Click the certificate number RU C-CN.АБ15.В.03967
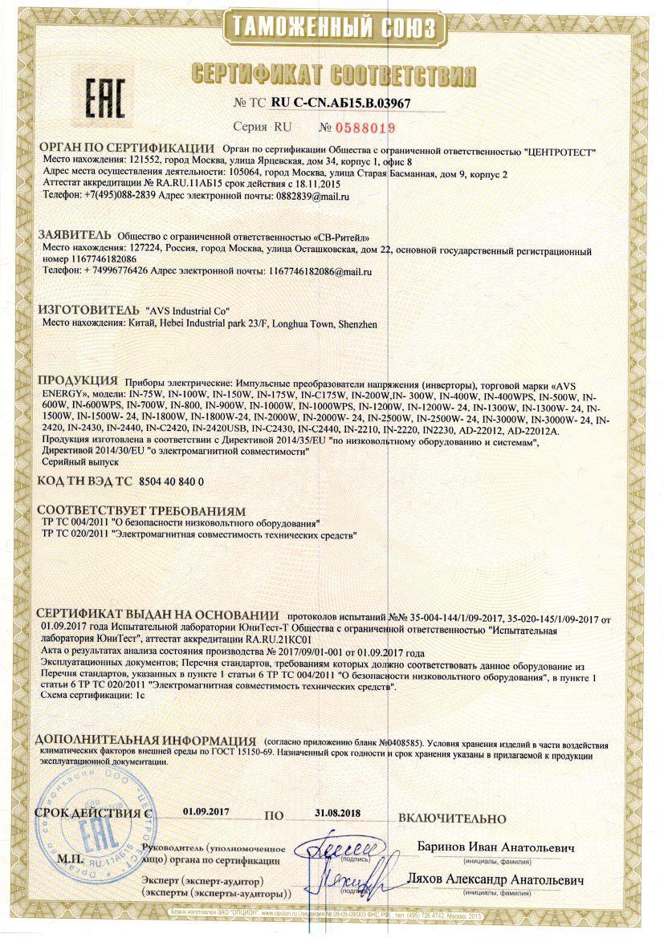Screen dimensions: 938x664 [341, 103]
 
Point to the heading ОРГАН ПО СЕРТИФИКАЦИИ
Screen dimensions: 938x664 [126, 148]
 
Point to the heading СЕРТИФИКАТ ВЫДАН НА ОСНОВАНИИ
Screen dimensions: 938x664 [152, 613]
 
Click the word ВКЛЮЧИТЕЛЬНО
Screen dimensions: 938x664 [454, 818]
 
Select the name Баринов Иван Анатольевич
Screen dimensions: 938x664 [497, 847]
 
